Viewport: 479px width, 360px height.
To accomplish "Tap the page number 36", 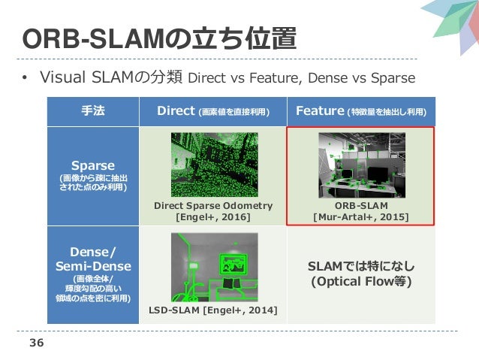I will point(35,343).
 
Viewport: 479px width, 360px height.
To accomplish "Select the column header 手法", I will point(92,111).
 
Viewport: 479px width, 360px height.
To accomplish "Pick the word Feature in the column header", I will point(320,111).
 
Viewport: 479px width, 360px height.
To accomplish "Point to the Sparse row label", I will point(93,165).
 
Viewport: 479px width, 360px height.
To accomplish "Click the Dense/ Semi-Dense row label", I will point(93,259).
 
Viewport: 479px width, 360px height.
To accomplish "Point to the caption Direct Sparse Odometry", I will point(213,205).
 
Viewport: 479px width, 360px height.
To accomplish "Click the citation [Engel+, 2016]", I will point(213,216).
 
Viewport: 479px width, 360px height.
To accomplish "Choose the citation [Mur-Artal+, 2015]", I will point(360,216).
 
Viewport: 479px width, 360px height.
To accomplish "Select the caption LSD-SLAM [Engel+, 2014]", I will point(212,310).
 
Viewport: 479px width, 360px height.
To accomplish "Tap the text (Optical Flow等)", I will point(361,283).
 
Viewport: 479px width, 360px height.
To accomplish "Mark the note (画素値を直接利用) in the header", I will point(233,112).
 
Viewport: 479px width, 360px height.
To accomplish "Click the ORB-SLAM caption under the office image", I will point(360,205).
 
